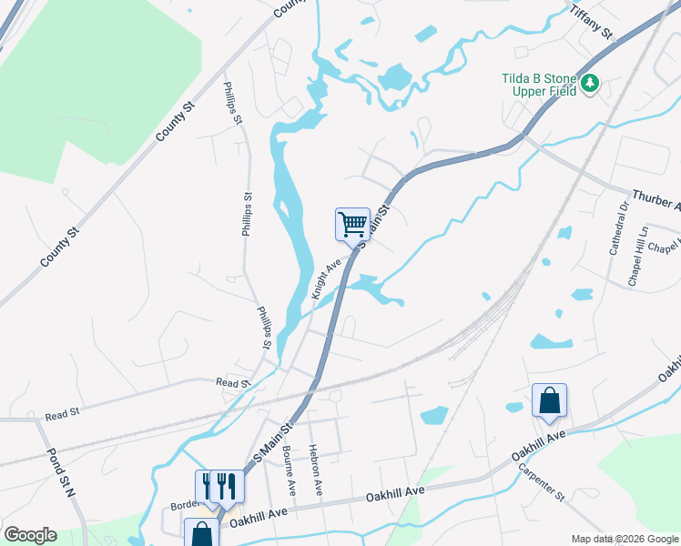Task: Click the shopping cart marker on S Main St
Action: point(352,223)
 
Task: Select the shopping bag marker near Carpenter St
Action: point(549,400)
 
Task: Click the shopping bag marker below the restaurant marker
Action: point(201,533)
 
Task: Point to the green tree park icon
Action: point(591,84)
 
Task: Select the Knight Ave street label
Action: point(325,278)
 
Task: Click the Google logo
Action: point(29,534)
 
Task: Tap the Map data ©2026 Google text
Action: point(624,539)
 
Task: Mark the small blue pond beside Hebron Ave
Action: point(434,415)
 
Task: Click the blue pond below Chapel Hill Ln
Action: point(552,342)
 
